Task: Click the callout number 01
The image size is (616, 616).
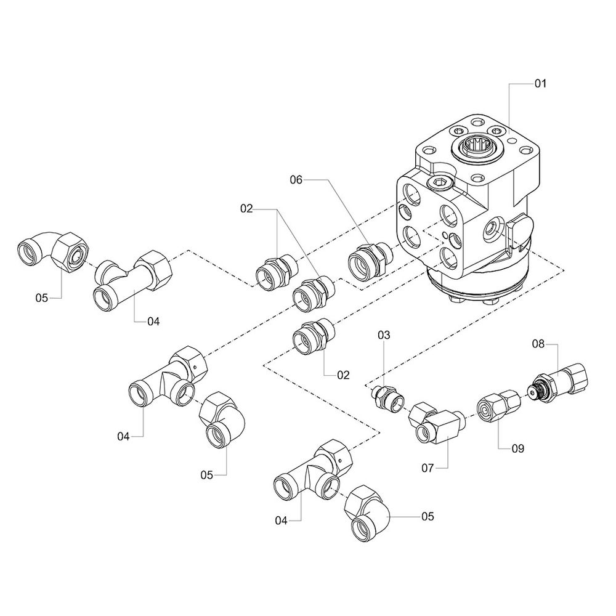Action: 540,83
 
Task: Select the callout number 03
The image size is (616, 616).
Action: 384,336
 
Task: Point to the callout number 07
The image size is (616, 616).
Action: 428,468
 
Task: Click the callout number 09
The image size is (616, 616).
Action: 517,448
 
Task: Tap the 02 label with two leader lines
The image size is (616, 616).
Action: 247,209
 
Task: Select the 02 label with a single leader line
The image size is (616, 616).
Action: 343,374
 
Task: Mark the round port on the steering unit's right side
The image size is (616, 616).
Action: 493,228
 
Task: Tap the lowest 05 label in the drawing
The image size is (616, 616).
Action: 428,516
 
